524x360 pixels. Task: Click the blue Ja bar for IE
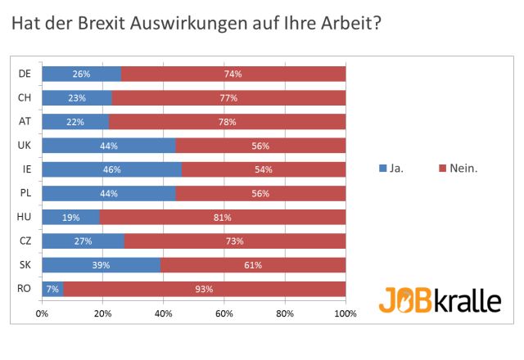[x=111, y=170]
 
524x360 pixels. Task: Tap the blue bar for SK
[x=102, y=265]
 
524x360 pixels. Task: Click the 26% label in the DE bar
[x=81, y=74]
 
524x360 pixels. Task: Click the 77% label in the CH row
[x=228, y=98]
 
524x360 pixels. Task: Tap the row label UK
[x=25, y=146]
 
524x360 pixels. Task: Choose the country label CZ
[x=25, y=241]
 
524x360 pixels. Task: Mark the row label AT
[x=25, y=122]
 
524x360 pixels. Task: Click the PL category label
[x=25, y=194]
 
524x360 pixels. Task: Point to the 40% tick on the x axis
[x=163, y=313]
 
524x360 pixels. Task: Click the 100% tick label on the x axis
[x=345, y=313]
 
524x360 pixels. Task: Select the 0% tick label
[x=42, y=313]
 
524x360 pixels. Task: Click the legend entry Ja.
[x=396, y=169]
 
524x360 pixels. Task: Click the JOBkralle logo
[x=439, y=299]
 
